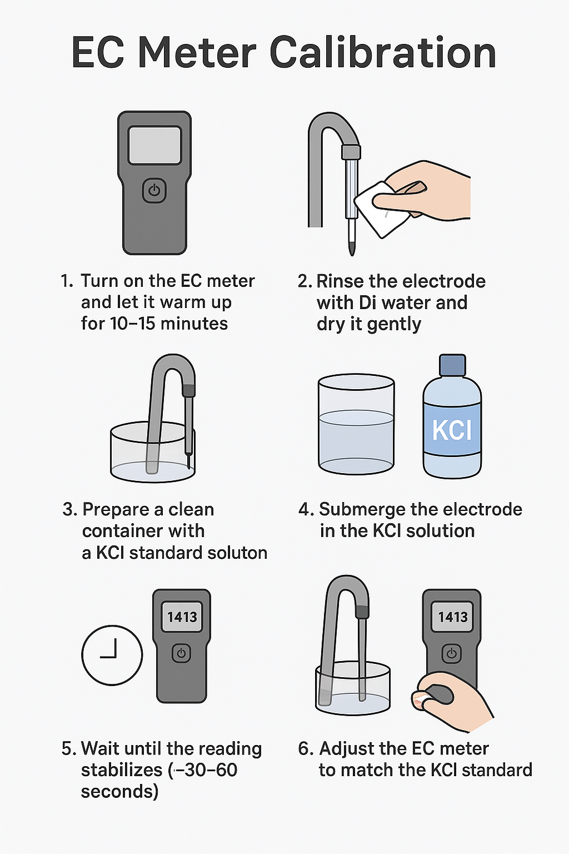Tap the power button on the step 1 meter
pos(154,190)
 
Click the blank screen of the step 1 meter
pos(154,145)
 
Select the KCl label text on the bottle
pos(452,430)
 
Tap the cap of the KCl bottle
pos(452,365)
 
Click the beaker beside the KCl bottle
pos(356,424)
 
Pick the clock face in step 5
pos(112,655)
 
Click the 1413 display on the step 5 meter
pos(182,617)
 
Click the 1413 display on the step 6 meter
pos(452,617)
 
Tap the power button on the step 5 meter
pos(181,653)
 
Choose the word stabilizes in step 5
pos(122,770)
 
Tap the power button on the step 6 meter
pos(452,654)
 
